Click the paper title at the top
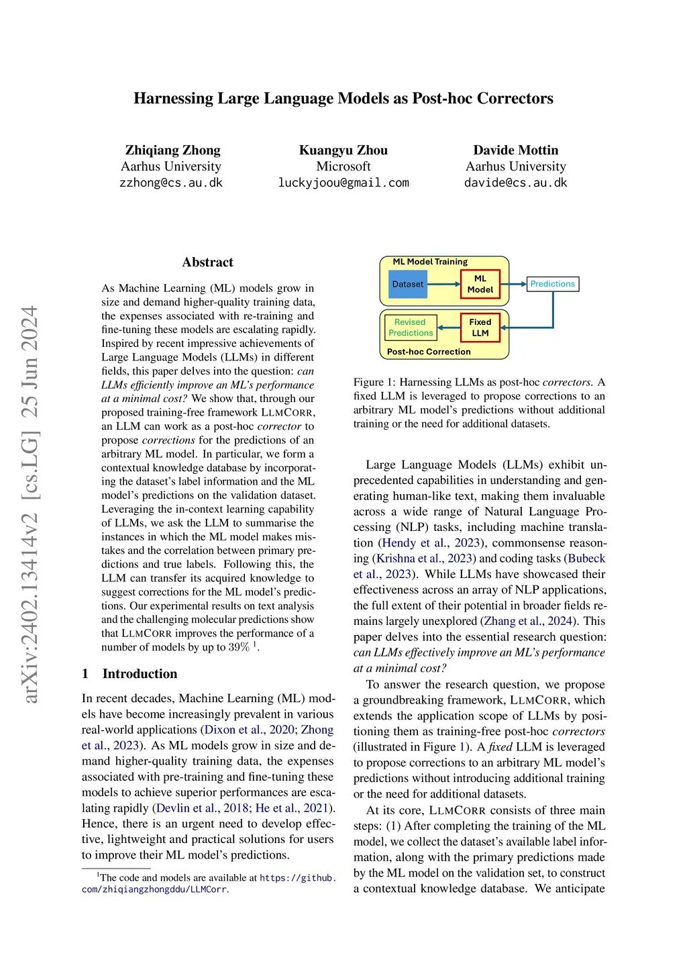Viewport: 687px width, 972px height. (x=343, y=99)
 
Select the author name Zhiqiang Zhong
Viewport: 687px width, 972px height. (x=172, y=150)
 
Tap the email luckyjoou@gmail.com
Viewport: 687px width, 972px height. (x=343, y=183)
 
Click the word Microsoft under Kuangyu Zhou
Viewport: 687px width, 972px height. (x=343, y=166)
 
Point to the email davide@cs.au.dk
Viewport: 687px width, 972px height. (x=515, y=183)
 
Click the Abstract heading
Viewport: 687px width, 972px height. (x=207, y=262)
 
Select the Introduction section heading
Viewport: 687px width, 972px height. (x=140, y=674)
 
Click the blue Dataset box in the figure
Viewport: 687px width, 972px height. (x=407, y=284)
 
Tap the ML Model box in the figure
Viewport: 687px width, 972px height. (x=480, y=284)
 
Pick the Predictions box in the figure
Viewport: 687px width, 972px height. (x=552, y=284)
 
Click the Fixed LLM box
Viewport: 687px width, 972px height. (x=480, y=328)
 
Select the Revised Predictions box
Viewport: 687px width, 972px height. (x=410, y=328)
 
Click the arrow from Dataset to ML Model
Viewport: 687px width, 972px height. (x=443, y=284)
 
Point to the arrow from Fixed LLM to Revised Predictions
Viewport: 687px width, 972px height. (x=448, y=328)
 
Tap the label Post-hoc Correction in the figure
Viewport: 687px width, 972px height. (x=429, y=352)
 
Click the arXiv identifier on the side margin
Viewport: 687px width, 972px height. (x=30, y=503)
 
